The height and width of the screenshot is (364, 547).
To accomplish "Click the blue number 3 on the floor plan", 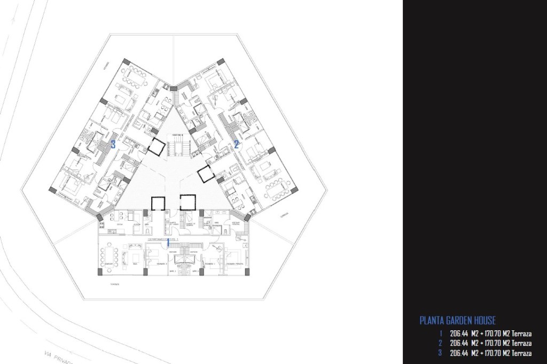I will [113, 144].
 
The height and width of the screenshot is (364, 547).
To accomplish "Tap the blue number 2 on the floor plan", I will [236, 143].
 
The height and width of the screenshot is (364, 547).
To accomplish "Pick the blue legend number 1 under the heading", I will [440, 333].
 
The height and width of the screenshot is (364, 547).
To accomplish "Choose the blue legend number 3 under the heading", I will [440, 353].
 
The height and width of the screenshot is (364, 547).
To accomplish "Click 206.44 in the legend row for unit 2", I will [459, 343].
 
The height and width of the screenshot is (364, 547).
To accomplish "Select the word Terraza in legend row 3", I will [520, 353].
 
